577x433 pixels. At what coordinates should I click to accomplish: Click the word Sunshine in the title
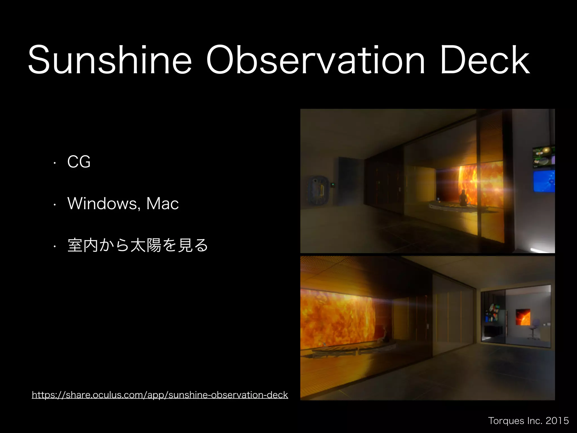click(110, 60)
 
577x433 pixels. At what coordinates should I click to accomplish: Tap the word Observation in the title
click(315, 60)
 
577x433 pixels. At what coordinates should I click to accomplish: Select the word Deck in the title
click(485, 60)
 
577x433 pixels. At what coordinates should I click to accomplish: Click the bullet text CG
click(79, 162)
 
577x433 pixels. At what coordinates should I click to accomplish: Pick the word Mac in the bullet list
click(163, 204)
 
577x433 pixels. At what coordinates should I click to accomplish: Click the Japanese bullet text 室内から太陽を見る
click(138, 245)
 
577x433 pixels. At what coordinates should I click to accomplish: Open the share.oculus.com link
click(160, 395)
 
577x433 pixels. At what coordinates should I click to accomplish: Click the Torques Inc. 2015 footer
click(528, 421)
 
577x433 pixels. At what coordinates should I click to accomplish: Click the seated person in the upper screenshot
click(463, 198)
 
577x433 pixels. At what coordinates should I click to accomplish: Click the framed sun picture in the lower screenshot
click(523, 317)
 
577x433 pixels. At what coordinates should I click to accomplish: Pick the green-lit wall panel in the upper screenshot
click(333, 185)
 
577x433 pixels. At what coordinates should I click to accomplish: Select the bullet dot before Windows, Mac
click(55, 204)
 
